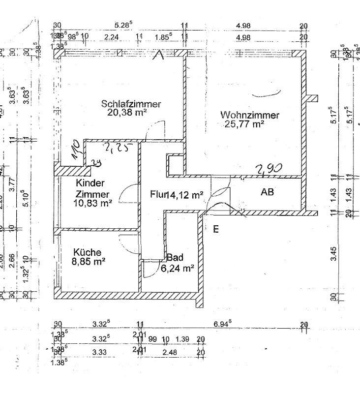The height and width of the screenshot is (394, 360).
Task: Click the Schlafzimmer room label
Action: coord(131,104)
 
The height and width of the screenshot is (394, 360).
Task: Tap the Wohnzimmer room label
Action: coord(250,115)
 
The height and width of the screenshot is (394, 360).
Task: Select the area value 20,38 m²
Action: coord(128,112)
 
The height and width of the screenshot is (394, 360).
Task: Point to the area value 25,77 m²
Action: coord(244,124)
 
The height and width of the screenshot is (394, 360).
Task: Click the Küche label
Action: coord(89,252)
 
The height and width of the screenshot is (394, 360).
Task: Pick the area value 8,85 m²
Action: coord(89,262)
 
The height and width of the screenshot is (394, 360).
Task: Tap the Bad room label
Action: coord(175,258)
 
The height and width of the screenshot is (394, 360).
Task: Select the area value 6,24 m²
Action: coord(178,268)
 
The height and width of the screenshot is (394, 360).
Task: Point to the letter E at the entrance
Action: coord(215,229)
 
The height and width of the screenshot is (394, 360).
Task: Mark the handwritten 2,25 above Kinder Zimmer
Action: coord(115,147)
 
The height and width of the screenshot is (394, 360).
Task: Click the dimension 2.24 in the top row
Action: coord(112,37)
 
